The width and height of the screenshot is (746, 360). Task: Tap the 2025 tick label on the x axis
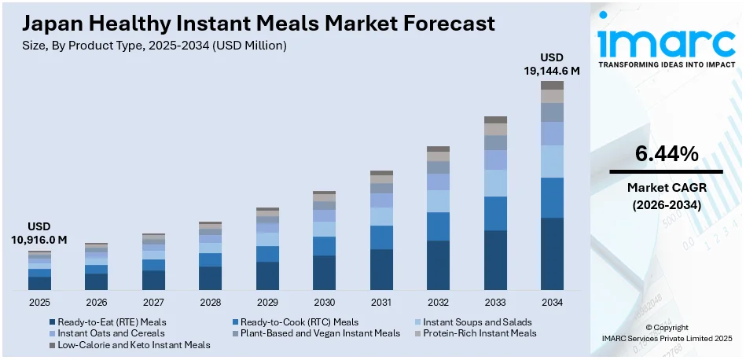coord(40,302)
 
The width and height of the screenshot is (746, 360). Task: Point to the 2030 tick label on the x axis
coord(324,302)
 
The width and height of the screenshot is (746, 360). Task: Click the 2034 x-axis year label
coord(552,302)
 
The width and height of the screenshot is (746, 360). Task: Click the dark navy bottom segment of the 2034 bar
coord(552,254)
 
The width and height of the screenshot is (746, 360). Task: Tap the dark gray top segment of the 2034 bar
coord(552,85)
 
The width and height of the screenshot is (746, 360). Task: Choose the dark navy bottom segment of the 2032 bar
coord(438,266)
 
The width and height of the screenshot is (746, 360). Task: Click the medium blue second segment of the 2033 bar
coord(495,213)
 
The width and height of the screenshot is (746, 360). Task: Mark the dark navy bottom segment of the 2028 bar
coord(210,278)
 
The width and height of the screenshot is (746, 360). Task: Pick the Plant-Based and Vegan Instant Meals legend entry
coord(315,333)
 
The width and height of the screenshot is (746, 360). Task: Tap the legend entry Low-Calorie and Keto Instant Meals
coord(130,345)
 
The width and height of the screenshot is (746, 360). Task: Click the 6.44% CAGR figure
coord(666,155)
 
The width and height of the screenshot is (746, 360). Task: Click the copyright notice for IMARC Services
coord(666,333)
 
